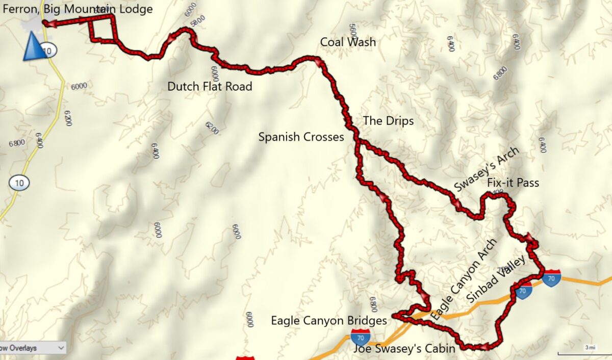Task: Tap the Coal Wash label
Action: click(348, 42)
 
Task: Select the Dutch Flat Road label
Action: click(210, 87)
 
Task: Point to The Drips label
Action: click(388, 121)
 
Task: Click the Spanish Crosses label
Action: click(301, 137)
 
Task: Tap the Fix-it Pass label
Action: click(513, 183)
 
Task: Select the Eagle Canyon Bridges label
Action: click(328, 321)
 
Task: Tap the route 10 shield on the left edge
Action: click(18, 183)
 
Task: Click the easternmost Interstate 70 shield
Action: click(552, 278)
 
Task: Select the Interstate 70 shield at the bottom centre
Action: click(361, 337)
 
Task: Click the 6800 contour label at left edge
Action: click(16, 143)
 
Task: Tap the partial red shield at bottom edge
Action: click(245, 358)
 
